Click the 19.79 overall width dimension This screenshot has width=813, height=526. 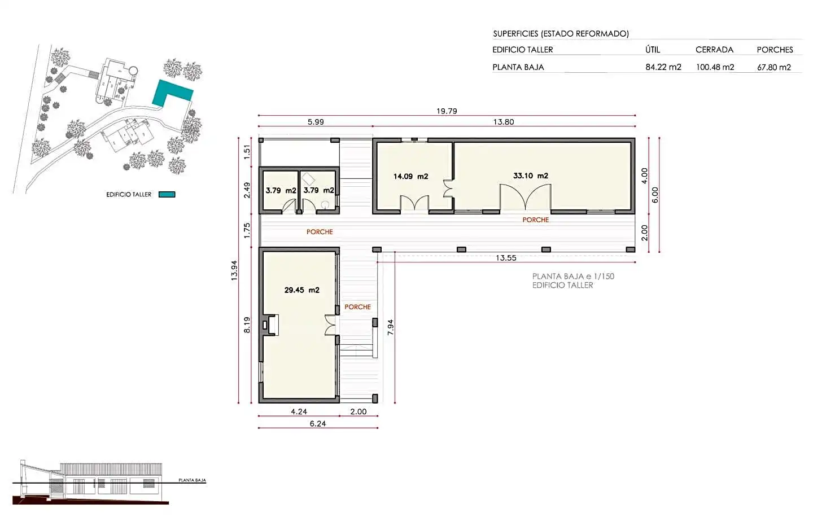[447, 111]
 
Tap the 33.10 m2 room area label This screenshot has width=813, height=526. [531, 176]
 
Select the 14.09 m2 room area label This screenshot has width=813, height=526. [411, 177]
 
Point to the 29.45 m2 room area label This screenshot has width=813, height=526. [302, 290]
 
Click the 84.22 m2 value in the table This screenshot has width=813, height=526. [663, 67]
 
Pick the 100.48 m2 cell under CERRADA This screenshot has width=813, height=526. [715, 67]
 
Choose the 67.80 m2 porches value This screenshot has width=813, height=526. [774, 67]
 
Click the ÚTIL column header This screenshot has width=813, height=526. [653, 50]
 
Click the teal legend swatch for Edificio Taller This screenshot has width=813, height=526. [167, 195]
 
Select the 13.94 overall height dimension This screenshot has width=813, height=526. [234, 270]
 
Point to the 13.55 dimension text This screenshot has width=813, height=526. [506, 258]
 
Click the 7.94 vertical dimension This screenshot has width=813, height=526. [391, 327]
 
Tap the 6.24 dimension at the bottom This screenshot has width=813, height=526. [317, 424]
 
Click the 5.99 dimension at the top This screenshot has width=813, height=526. [316, 122]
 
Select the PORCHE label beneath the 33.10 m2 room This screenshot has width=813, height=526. [536, 220]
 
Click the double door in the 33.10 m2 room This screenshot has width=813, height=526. [526, 197]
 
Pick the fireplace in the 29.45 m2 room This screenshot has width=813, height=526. [270, 325]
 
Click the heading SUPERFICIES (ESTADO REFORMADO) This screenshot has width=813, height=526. [561, 34]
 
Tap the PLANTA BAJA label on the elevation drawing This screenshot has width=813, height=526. [192, 480]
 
